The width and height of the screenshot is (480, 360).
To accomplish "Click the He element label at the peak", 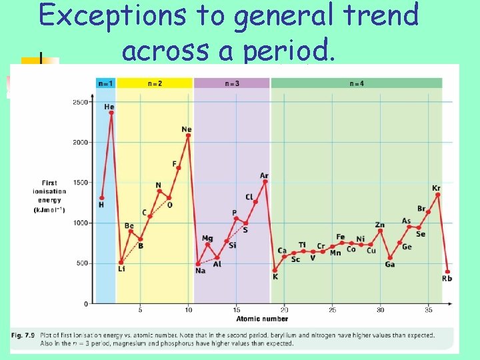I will coord(109,107).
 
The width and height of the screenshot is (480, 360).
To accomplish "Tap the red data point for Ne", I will coord(188,136).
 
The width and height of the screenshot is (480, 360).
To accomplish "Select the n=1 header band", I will coord(105,83).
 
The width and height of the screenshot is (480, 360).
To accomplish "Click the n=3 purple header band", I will coord(231,83).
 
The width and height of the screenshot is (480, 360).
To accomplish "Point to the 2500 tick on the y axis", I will coord(80,102).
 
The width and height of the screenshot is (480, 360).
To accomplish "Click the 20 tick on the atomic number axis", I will coord(285,310).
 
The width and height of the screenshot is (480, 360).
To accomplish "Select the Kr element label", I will coord(436,188).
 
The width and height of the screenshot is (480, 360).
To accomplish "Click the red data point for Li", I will coord(121,262).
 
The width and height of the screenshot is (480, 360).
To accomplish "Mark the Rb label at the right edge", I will coord(447,279).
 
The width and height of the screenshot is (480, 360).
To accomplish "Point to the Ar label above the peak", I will coord(265,175).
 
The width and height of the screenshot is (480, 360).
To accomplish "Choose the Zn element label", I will coord(380,225).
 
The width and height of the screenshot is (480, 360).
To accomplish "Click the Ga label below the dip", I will coord(390,265).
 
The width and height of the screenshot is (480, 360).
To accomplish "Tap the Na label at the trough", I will coord(200,271).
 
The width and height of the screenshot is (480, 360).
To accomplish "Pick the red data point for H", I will coord(101,198).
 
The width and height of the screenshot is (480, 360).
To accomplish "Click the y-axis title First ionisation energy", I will coord(49,196).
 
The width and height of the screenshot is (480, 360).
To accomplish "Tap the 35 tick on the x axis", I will coord(428,310).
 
